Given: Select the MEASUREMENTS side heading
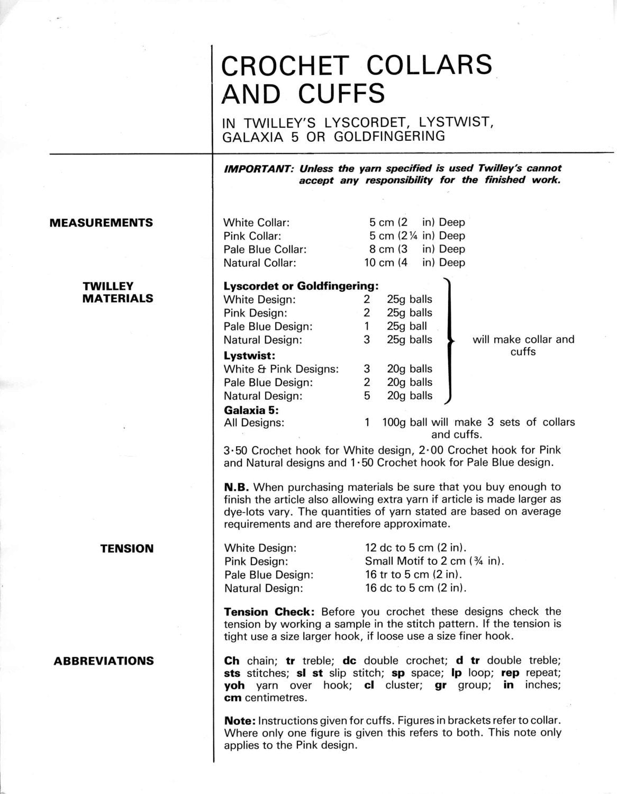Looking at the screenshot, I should pos(101,223).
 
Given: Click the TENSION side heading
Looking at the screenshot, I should pos(127,548).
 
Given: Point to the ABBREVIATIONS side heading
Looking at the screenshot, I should pos(104,661).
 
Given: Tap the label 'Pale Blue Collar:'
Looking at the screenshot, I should pos(265,249).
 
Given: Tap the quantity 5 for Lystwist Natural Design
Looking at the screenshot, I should pos(367,395).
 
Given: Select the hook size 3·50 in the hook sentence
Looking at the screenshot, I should pos(236,450).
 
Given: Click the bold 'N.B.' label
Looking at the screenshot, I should pos(237,486).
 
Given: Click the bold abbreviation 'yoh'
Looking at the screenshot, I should pos(234,685).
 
